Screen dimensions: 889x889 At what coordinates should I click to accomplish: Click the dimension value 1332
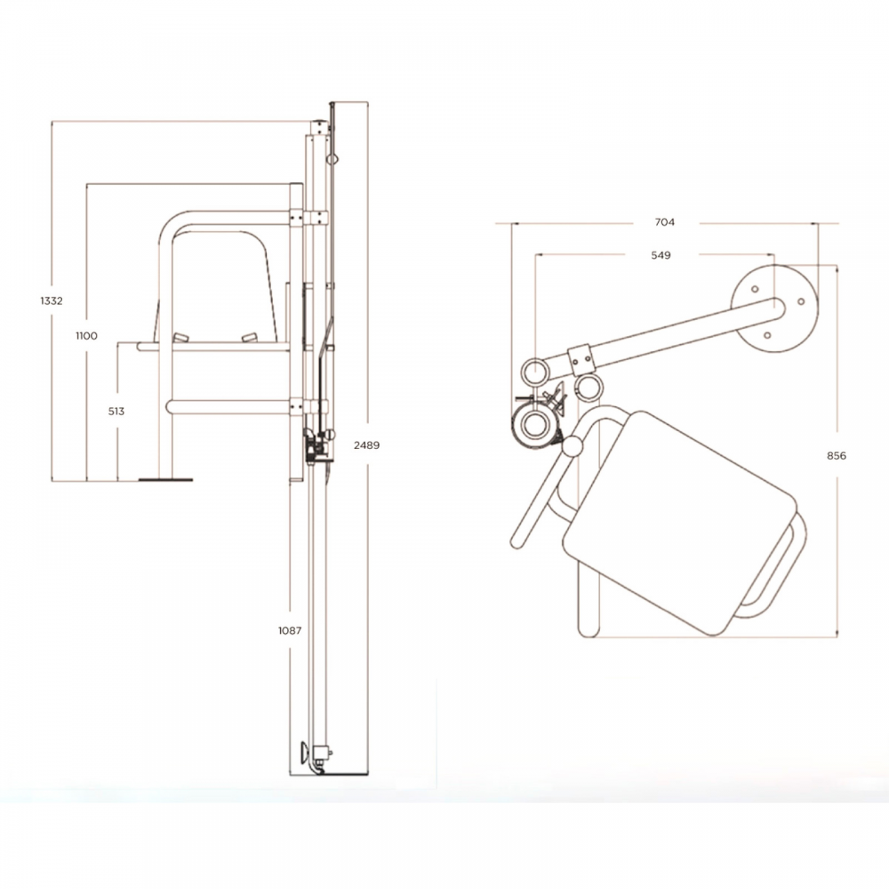coord(52,301)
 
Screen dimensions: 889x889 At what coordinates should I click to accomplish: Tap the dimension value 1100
coord(87,336)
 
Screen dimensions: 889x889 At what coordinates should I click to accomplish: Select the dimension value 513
coord(116,412)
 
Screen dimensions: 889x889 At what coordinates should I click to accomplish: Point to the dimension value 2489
coord(367,445)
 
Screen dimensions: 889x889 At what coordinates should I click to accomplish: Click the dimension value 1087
coord(290,630)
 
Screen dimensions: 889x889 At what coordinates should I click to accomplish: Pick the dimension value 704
coord(665,222)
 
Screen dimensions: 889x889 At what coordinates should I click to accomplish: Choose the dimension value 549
coord(661,256)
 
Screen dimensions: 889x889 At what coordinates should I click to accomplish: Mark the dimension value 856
coord(837,456)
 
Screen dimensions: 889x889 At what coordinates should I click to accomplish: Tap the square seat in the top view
coord(680,523)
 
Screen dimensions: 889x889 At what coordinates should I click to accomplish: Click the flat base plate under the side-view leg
coord(165,480)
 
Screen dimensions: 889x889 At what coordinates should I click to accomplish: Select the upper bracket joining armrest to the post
coord(308,218)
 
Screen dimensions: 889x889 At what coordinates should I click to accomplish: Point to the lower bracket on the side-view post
coord(308,406)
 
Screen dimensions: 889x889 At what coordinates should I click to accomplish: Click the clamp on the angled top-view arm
coord(581,361)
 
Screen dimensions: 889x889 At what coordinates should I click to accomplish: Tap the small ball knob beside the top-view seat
coord(573,447)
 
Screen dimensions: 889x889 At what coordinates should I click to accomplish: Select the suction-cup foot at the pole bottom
coord(305,753)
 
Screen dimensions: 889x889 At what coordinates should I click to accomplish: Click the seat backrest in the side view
coord(219,286)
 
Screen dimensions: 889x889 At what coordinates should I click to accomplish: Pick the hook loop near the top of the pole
coord(332,159)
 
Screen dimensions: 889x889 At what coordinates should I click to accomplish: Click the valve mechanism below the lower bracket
coord(317,446)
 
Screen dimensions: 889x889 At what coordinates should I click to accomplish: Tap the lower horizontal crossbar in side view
coord(228,406)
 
